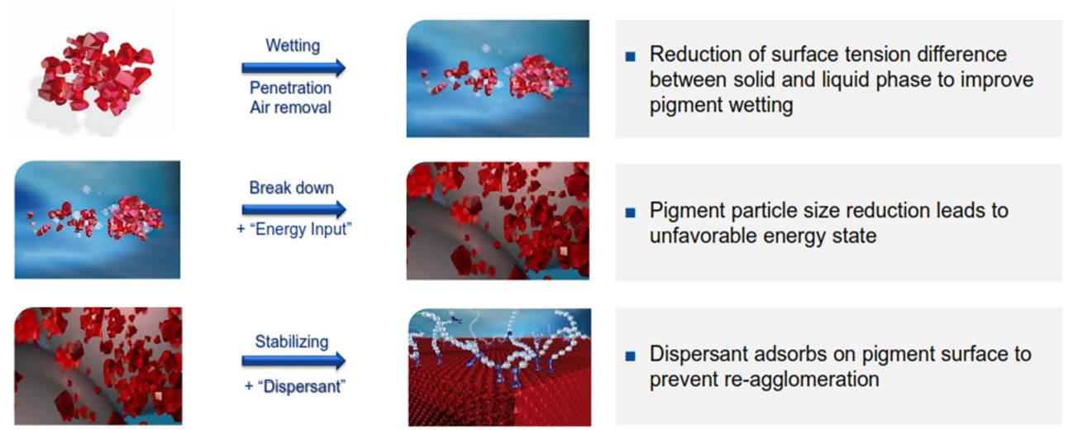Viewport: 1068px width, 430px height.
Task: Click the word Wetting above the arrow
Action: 293,45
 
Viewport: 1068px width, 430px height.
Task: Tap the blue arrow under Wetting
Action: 293,68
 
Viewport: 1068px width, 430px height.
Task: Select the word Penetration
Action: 290,88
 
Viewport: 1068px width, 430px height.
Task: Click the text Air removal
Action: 290,107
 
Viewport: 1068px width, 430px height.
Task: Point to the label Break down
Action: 291,188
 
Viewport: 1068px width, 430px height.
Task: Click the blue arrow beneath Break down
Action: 294,209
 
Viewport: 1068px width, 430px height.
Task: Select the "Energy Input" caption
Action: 294,229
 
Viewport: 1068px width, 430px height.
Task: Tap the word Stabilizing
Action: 292,342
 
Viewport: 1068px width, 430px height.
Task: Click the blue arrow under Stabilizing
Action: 293,361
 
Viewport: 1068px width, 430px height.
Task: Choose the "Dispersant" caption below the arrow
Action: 294,386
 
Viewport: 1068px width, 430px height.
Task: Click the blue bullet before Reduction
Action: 631,57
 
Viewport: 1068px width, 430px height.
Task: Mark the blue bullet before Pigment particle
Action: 631,213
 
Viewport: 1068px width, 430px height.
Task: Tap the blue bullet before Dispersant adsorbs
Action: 631,356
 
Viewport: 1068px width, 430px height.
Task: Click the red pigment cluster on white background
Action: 95,73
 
